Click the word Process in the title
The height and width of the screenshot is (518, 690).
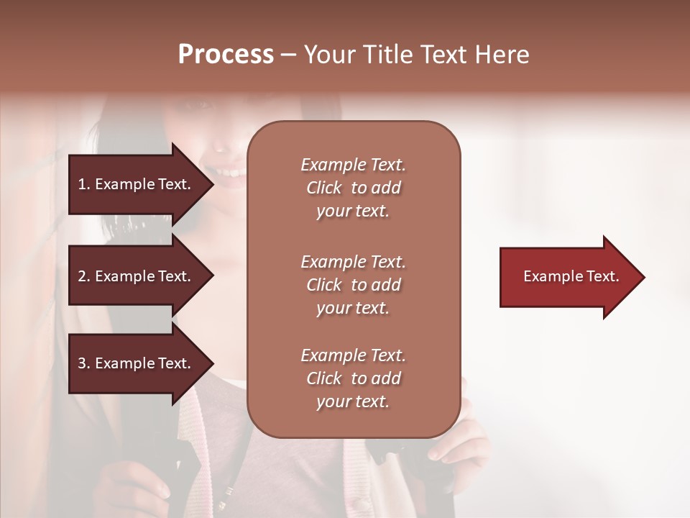[226, 55]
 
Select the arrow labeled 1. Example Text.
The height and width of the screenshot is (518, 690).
[137, 184]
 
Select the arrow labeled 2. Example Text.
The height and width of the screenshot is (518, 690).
[137, 276]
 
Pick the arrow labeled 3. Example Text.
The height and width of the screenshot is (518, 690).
[137, 363]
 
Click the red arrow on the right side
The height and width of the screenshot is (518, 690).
[568, 277]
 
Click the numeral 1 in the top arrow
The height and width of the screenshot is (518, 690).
[81, 185]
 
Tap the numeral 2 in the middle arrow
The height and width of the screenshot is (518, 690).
[82, 276]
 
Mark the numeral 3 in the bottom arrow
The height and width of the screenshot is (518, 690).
[82, 364]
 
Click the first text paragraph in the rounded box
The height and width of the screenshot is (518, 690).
[353, 188]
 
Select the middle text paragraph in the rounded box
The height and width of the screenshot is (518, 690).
[353, 285]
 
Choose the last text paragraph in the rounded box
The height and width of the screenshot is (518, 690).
[353, 378]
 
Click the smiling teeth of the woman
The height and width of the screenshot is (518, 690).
[230, 173]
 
